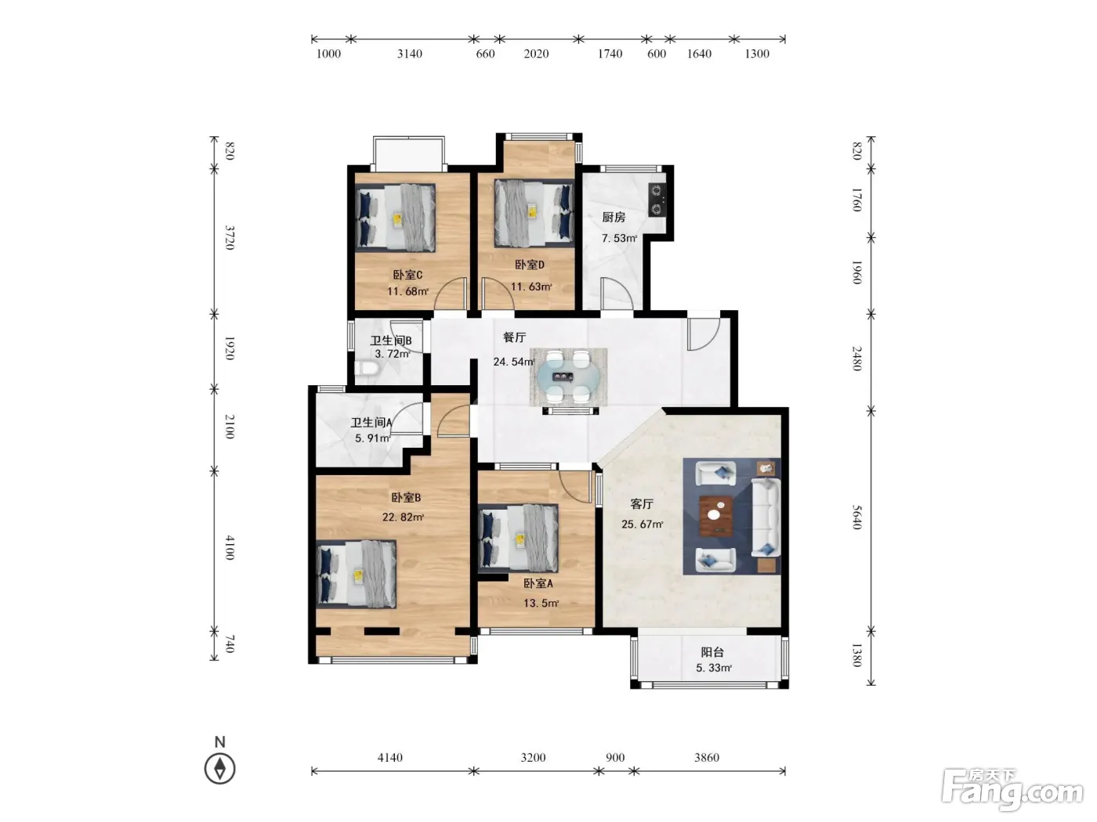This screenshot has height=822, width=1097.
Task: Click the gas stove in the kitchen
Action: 657,200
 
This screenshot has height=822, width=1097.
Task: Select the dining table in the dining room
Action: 568,377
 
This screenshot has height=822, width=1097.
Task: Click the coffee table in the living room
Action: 716,516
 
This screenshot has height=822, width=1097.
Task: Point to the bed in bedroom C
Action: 396,218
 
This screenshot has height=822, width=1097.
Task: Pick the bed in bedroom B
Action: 357,574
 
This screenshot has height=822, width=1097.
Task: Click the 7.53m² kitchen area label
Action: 619,238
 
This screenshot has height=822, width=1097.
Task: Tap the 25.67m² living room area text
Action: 643,524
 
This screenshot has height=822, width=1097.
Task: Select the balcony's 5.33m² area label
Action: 714,668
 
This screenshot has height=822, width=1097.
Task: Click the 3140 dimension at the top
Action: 410,54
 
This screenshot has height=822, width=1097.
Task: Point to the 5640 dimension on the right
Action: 856,517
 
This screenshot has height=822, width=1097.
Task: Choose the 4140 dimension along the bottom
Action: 389,758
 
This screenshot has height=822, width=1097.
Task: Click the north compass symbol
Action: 220,762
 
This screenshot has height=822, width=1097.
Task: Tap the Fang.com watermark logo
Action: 1012,790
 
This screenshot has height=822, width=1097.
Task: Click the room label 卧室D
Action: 529,265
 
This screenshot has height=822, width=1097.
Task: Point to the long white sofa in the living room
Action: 766,518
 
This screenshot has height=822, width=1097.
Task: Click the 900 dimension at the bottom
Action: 615,758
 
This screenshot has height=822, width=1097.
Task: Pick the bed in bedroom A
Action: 518,538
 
